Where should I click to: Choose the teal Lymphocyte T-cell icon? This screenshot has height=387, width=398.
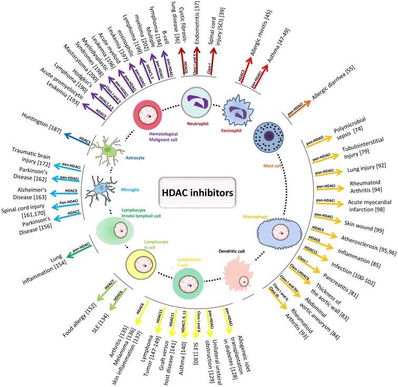click(x=189, y=284)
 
